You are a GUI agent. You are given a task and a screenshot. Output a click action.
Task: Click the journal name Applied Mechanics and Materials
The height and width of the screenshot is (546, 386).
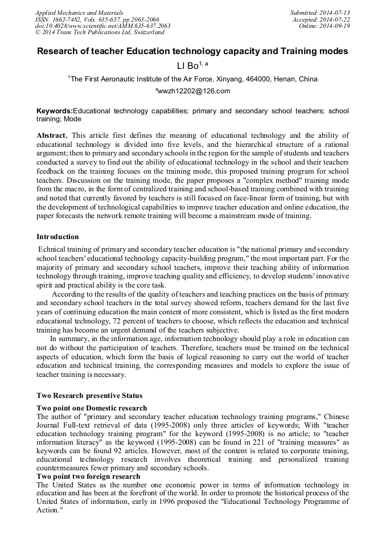(79, 12)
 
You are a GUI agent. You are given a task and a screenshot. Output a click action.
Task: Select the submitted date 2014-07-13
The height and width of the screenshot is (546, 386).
(334, 12)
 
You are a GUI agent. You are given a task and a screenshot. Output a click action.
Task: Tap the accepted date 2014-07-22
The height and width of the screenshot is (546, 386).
(334, 19)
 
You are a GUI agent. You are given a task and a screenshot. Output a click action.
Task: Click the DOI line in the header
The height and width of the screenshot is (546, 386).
(102, 26)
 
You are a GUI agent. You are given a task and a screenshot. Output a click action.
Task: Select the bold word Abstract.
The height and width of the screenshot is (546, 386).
(52, 136)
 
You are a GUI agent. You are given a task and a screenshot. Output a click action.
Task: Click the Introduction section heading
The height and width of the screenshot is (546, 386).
(58, 237)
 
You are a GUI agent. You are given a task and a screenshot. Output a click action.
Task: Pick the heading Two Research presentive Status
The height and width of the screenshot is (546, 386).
(89, 395)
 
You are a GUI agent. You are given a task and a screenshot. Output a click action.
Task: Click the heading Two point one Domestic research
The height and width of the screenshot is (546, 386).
(92, 408)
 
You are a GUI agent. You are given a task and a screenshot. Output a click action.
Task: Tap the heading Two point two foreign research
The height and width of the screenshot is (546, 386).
(88, 476)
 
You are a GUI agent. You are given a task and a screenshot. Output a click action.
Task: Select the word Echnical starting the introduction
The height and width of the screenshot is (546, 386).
(52, 249)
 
